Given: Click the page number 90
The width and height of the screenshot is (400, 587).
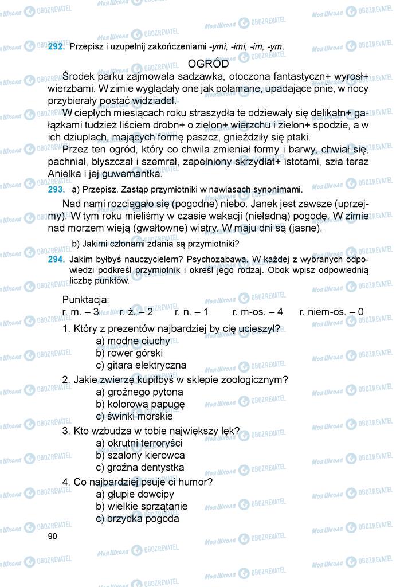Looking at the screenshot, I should tap(53, 536).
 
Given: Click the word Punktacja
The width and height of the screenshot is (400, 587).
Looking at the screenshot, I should tap(85, 300).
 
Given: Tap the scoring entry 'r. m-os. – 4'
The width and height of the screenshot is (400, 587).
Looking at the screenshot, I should tap(257, 312).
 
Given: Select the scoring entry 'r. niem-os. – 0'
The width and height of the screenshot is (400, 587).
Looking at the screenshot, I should tap(331, 312).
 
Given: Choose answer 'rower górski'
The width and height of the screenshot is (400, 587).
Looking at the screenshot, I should tap(130, 353).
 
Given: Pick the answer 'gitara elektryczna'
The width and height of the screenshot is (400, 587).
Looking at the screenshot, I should tap(141, 365).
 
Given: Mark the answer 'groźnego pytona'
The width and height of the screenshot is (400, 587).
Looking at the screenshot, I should tap(139, 392).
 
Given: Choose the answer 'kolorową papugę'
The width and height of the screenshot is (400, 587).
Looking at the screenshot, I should tap(140, 404).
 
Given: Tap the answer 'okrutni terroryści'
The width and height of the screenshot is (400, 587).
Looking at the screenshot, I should tap(139, 443).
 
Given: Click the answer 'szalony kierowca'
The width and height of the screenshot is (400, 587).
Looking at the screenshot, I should tap(140, 455).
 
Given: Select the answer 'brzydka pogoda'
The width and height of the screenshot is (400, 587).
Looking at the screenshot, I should tap(138, 519).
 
